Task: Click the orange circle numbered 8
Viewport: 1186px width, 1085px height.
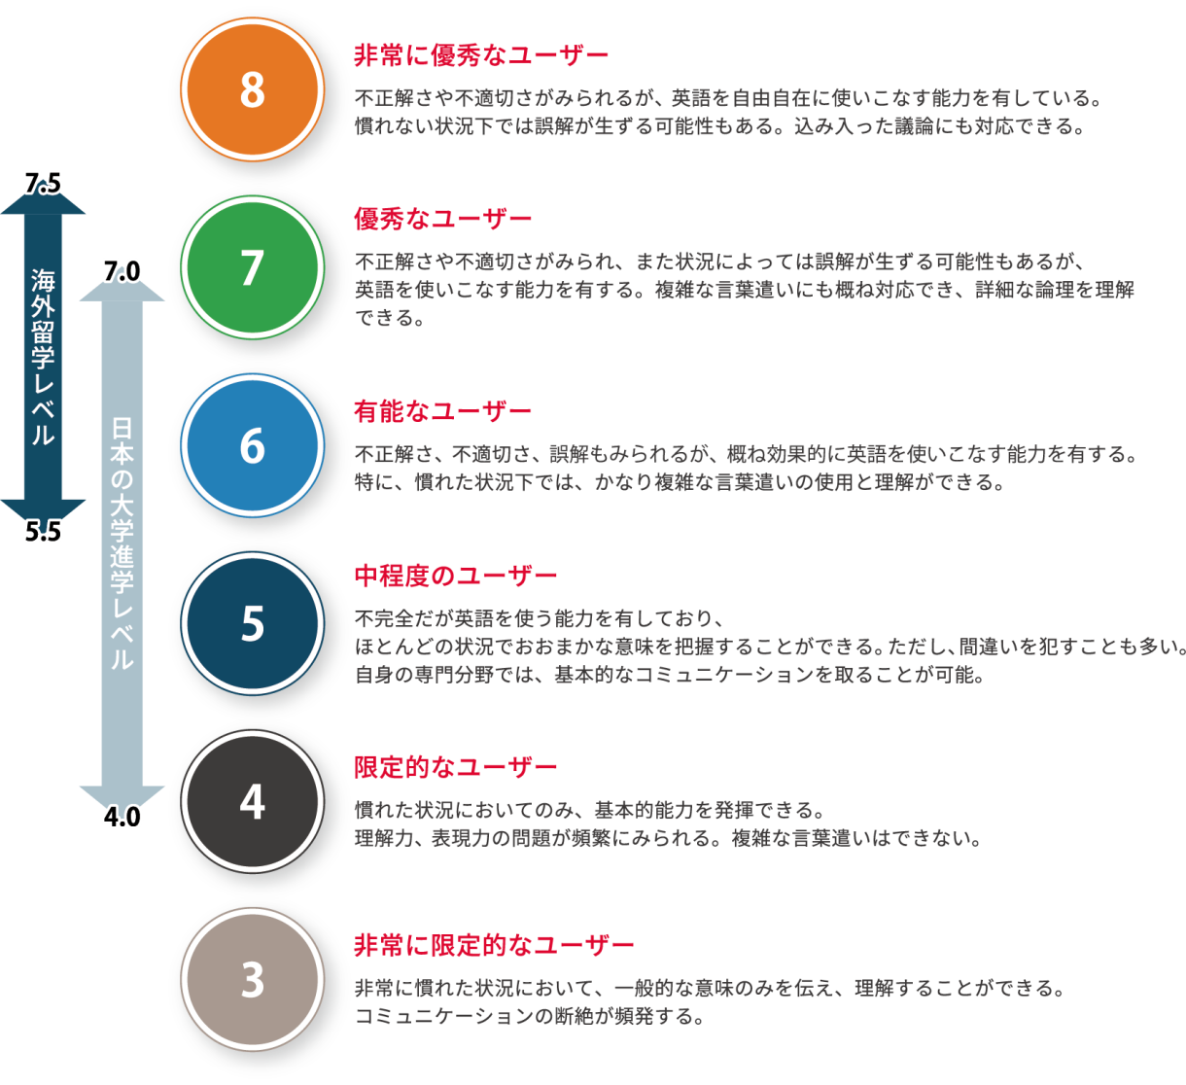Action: click(252, 90)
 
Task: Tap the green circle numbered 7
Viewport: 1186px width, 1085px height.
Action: click(252, 267)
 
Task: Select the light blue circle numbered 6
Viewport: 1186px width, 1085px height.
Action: click(252, 445)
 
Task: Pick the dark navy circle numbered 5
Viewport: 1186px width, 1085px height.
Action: click(252, 623)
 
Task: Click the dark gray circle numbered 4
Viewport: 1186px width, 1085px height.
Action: click(252, 802)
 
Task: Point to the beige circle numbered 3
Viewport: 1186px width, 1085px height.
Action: click(252, 980)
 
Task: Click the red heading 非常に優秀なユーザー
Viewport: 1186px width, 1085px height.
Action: click(481, 55)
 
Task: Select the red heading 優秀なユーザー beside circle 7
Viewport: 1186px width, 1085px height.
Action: click(442, 219)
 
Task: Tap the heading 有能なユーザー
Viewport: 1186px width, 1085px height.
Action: click(442, 411)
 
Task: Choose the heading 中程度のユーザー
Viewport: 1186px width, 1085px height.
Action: click(455, 576)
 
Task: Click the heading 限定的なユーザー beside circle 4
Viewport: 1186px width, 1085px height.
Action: click(455, 767)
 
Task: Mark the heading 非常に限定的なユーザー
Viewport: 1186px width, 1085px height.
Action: click(494, 944)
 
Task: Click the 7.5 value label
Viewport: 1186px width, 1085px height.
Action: click(43, 184)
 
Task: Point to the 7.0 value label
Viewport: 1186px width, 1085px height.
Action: click(122, 270)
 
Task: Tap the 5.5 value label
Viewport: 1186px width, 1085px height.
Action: click(43, 532)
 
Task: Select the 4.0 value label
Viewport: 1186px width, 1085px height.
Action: click(122, 817)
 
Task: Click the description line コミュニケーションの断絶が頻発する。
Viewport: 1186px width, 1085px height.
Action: click(529, 1017)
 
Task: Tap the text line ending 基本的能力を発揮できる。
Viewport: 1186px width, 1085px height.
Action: click(589, 810)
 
